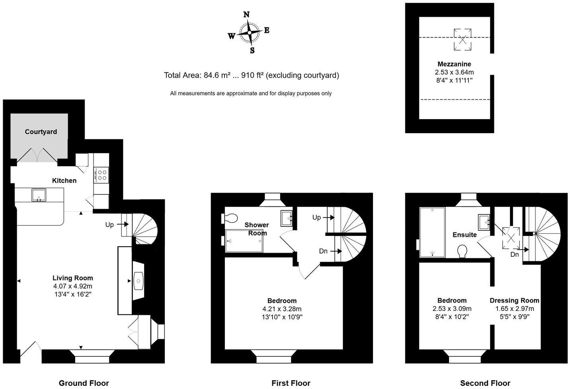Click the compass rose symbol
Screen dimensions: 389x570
[x=250, y=33]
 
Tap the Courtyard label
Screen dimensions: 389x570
[x=41, y=132]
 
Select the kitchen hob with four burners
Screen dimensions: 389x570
[x=102, y=175]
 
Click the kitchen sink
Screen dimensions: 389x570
[x=39, y=195]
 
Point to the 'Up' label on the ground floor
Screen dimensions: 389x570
[x=109, y=225]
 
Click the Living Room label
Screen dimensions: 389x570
[x=72, y=278]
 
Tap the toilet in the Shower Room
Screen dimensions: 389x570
[x=230, y=218]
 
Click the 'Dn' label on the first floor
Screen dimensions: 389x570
[x=323, y=251]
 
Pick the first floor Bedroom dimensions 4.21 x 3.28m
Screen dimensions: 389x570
[x=281, y=309]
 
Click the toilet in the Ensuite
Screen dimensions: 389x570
[x=463, y=251]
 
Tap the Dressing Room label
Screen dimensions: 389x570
[x=514, y=301]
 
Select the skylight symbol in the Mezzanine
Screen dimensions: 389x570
[x=463, y=39]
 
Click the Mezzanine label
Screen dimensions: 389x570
[x=454, y=64]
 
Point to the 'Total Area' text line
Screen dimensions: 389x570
[x=251, y=75]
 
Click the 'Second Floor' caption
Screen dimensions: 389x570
[x=485, y=383]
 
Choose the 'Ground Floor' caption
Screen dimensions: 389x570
[x=84, y=383]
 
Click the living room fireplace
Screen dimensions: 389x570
[x=138, y=281]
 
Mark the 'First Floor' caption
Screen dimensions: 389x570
[x=291, y=383]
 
